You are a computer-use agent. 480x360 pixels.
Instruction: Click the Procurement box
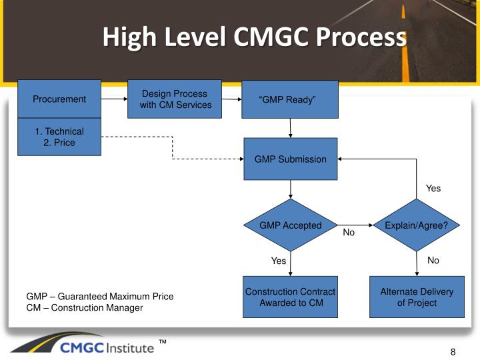(59, 99)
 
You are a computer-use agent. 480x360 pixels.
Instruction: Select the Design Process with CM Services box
(175, 99)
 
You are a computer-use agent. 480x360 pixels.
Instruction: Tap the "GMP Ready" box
(289, 100)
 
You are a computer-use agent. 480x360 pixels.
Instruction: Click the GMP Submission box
(290, 159)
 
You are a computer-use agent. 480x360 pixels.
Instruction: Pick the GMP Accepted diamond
(290, 225)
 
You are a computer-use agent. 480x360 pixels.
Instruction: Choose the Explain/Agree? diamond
(417, 225)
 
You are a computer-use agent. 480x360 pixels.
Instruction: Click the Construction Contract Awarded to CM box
(290, 297)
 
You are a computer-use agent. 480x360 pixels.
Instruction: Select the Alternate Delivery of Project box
(417, 297)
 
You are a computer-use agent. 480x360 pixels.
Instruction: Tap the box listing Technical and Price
(59, 137)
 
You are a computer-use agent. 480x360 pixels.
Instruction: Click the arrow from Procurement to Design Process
(114, 99)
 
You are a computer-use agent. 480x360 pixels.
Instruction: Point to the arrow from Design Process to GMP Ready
(231, 100)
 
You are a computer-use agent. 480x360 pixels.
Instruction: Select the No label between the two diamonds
(349, 233)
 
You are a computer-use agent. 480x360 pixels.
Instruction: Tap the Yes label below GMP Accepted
(279, 261)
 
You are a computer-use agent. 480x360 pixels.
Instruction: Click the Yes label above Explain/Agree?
(433, 189)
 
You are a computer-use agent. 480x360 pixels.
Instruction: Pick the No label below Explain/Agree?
(433, 261)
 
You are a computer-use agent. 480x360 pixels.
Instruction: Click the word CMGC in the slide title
(270, 37)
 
